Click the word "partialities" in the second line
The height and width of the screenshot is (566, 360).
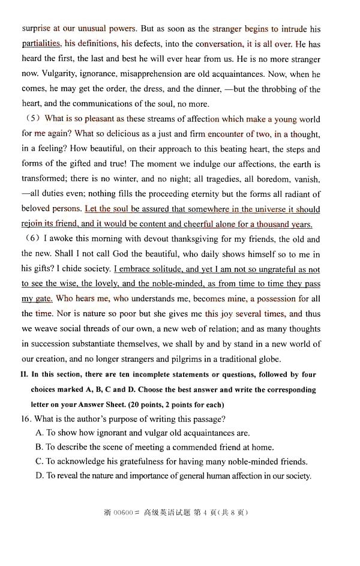coord(41,44)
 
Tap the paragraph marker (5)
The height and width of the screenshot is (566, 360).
coord(32,119)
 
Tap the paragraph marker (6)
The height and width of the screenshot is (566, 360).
coord(32,239)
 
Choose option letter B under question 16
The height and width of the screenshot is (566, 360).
coord(39,447)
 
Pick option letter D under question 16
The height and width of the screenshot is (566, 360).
coord(39,475)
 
